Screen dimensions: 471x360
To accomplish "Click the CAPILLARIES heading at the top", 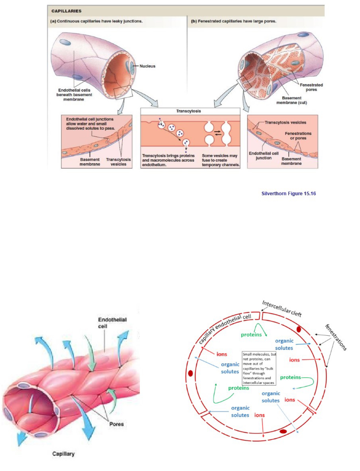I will (66, 11).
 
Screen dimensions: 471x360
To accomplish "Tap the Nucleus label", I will (147, 66).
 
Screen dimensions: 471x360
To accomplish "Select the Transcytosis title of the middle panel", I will (188, 111).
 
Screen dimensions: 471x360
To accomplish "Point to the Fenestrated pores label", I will (311, 87).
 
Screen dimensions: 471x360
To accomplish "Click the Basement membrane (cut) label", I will (292, 100).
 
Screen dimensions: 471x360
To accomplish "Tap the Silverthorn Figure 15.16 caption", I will (288, 193).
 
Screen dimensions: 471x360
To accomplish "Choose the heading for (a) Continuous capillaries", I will (96, 21).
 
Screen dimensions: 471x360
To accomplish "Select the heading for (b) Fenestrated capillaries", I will (233, 21).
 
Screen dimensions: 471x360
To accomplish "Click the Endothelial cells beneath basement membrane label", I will (74, 95).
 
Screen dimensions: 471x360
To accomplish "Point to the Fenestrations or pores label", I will (298, 136).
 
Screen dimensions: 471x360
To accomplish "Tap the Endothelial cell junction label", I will (264, 156).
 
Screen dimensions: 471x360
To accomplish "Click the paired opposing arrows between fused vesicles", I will (218, 133).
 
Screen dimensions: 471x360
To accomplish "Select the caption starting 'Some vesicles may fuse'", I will (220, 160).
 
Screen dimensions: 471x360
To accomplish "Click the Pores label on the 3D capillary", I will (116, 424).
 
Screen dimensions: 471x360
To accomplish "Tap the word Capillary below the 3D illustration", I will (63, 454).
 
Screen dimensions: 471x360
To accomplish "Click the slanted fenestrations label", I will (336, 337).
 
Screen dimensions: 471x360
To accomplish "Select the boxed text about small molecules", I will (259, 368).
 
